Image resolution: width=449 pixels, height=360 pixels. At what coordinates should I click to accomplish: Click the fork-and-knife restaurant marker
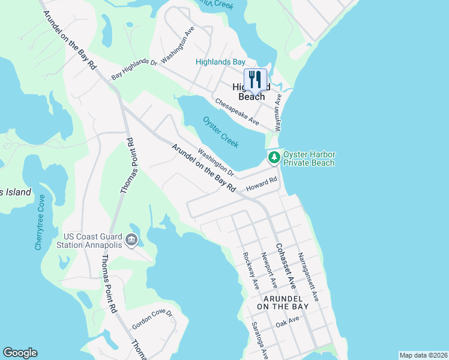click(x=255, y=79)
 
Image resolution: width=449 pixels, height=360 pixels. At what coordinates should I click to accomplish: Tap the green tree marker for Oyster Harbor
click(x=274, y=158)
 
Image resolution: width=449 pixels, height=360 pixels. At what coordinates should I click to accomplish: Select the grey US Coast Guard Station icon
click(x=131, y=241)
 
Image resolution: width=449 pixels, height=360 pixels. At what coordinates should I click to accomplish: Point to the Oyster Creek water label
click(x=221, y=132)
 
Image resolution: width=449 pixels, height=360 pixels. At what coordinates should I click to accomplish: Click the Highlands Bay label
click(x=220, y=62)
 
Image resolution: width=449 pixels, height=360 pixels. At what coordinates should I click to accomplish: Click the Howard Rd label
click(x=261, y=184)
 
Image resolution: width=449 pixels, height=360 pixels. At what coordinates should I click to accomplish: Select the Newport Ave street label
click(x=268, y=271)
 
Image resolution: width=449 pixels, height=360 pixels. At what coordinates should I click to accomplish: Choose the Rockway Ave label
click(x=250, y=269)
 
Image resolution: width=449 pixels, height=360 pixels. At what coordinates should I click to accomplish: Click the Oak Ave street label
click(x=287, y=322)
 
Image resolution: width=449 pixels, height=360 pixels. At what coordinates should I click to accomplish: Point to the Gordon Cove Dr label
click(x=152, y=320)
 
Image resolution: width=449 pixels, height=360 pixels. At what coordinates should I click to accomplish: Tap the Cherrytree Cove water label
click(x=40, y=223)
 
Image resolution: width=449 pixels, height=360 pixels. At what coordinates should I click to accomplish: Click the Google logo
click(x=20, y=353)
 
